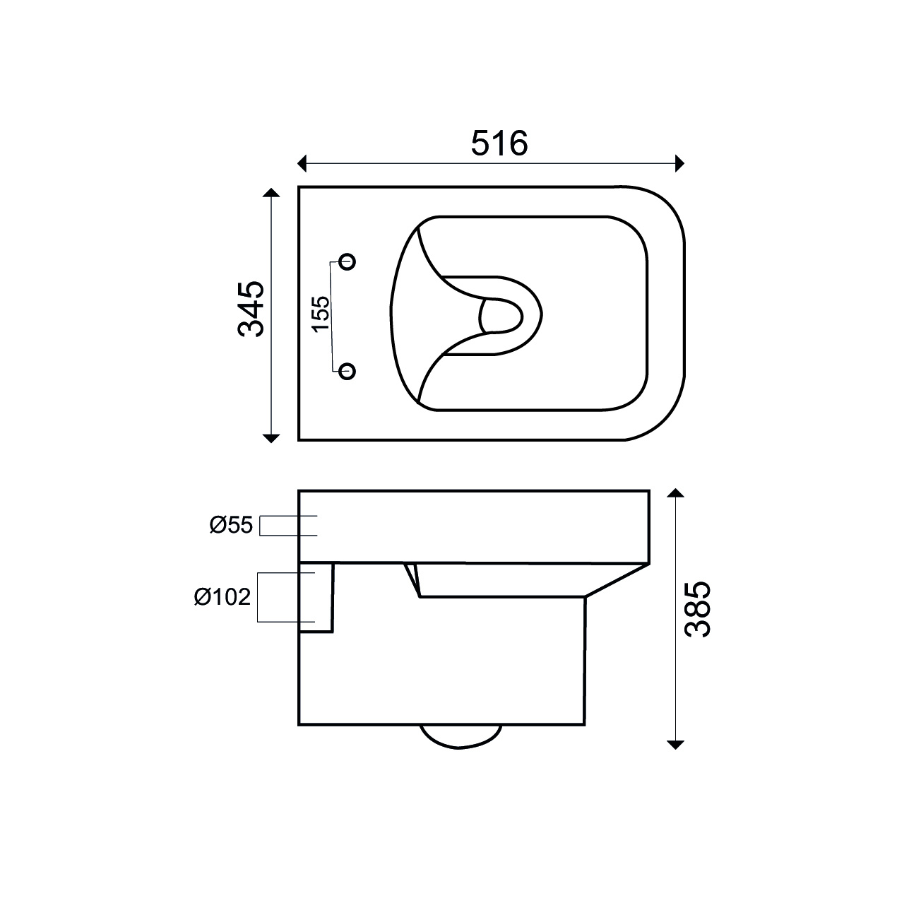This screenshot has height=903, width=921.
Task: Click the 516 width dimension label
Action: click(x=499, y=143)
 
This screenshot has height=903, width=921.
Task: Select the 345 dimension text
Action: click(x=251, y=309)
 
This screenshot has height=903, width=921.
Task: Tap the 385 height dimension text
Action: click(x=698, y=609)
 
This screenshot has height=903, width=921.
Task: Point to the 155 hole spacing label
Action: click(x=321, y=314)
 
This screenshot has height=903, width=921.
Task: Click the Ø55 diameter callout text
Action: click(x=231, y=526)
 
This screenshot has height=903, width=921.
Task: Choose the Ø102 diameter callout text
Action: click(x=222, y=597)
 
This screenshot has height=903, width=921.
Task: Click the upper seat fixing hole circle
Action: click(x=347, y=261)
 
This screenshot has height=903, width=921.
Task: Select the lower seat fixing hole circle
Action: click(x=347, y=371)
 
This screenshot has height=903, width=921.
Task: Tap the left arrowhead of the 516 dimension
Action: click(x=302, y=164)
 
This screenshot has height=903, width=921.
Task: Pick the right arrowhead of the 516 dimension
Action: click(x=679, y=164)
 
